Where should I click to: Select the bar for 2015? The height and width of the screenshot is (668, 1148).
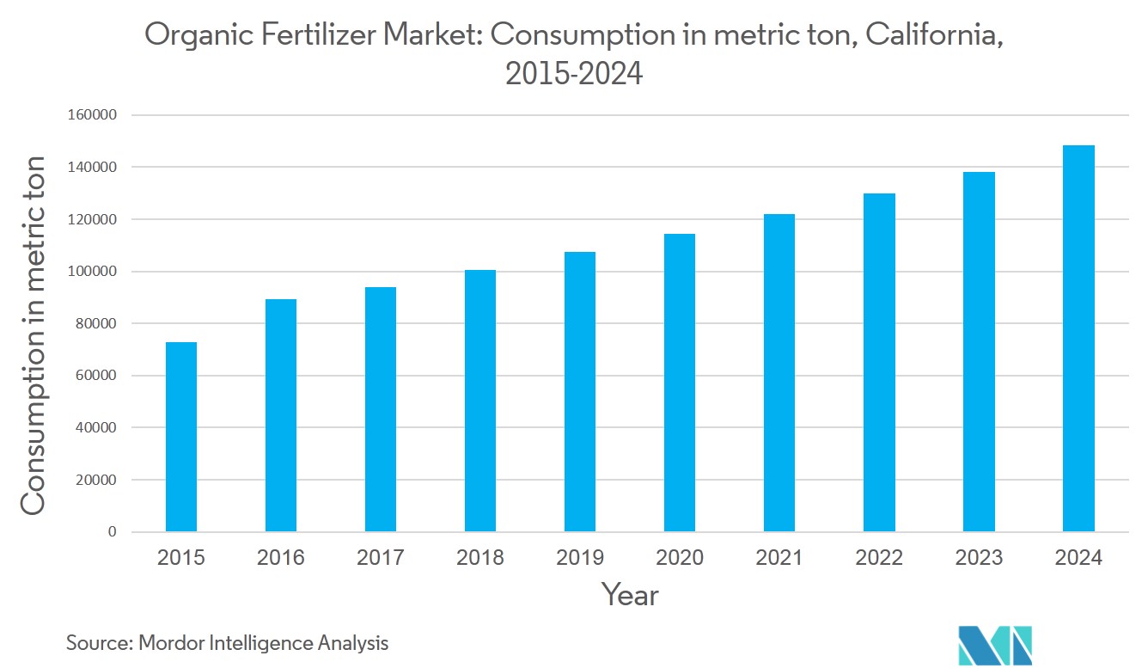[x=181, y=437]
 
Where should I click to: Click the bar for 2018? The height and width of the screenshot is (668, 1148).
[x=480, y=401]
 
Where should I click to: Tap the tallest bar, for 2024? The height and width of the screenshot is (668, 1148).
[x=1078, y=338]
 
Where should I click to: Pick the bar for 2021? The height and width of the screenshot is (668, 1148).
[x=779, y=372]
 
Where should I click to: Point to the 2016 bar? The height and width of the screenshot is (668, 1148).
[x=281, y=415]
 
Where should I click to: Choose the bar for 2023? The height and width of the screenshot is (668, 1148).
[x=979, y=352]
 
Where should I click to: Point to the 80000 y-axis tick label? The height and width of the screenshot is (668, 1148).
[x=95, y=324]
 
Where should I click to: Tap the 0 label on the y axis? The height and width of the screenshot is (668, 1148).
[x=113, y=532]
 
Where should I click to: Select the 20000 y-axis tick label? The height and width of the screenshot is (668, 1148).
[x=95, y=481]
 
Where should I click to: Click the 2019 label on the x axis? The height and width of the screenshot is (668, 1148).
[x=580, y=558]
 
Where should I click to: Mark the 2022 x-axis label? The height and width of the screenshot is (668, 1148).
[x=879, y=558]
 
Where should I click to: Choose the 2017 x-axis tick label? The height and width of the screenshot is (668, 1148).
[x=381, y=558]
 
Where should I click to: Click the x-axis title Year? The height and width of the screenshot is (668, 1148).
[x=630, y=595]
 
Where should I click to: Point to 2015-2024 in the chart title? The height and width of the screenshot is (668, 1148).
[x=574, y=75]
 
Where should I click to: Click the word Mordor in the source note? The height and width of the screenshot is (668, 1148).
[x=170, y=642]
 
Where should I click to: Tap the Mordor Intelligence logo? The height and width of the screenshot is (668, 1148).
[x=995, y=645]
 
